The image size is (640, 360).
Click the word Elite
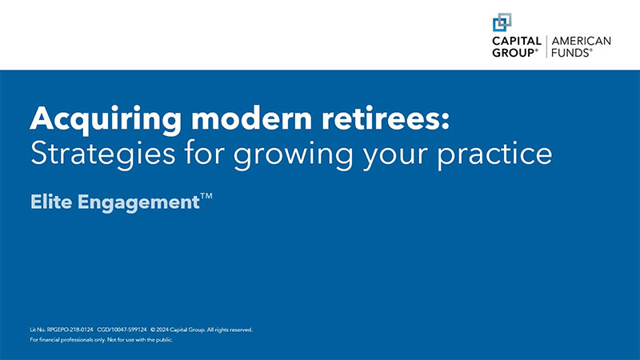tap(51, 202)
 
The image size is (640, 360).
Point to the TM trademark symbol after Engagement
tap(206, 196)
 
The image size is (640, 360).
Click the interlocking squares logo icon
tap(502, 22)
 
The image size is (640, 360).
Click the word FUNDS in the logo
tap(569, 53)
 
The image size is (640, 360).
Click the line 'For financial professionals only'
tap(72, 340)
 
